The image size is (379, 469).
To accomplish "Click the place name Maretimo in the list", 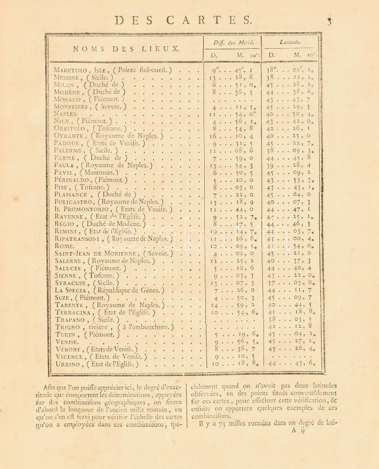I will pos(69,70).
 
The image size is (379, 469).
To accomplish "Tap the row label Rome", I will pos(62,246).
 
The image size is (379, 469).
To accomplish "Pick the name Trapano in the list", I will pos(69,320).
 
